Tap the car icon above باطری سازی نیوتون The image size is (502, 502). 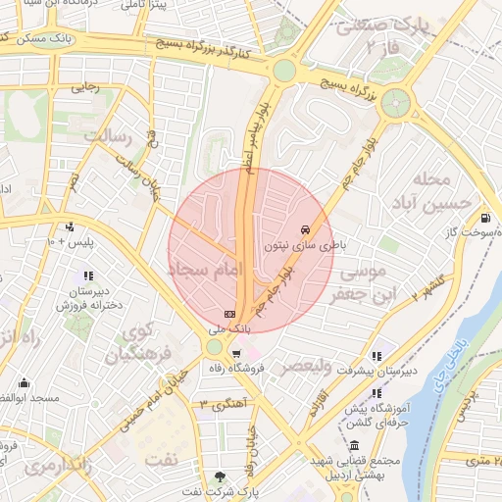coord(295,230)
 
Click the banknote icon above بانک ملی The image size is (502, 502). coord(230,313)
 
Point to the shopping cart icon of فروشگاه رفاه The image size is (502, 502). coord(236,353)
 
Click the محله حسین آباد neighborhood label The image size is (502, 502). coord(431,191)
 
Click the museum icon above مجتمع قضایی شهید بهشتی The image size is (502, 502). coord(353,446)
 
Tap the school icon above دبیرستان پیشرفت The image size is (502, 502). coord(376,355)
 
